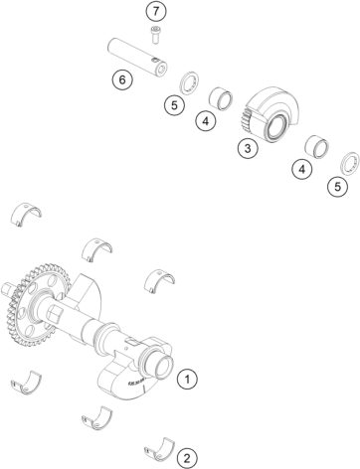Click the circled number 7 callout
point(154,12)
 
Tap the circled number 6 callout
point(120,78)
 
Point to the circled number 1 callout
point(186,378)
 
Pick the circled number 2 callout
point(186,457)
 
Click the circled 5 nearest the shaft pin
point(173,104)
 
